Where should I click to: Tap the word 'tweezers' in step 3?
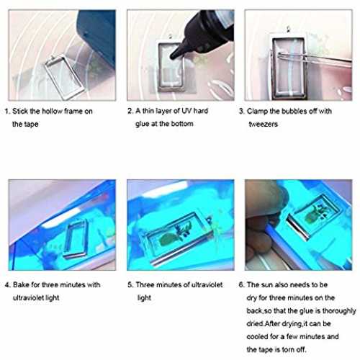[264, 124]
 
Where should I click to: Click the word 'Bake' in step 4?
[21, 285]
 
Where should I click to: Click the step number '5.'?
[130, 285]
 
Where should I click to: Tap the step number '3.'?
[242, 112]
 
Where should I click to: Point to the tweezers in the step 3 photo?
[315, 60]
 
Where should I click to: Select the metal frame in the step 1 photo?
[64, 77]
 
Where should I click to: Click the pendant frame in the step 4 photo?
[75, 239]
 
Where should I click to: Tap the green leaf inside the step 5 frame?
[167, 239]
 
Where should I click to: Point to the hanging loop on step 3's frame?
[289, 30]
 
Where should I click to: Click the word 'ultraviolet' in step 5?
[207, 285]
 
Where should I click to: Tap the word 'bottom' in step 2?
[182, 124]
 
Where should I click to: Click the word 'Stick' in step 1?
[20, 112]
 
